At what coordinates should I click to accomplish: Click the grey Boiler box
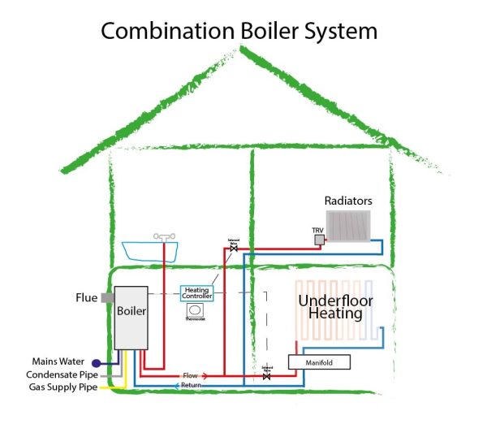[x=131, y=317]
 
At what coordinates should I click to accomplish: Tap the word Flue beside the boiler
[x=86, y=298]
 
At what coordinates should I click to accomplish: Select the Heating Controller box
[x=196, y=293]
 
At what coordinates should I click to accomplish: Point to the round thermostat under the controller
[x=196, y=309]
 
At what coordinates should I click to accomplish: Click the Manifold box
[x=318, y=362]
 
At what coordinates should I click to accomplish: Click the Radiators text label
[x=348, y=200]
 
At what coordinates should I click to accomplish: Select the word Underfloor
[x=329, y=300]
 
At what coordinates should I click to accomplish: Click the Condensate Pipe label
[x=57, y=374]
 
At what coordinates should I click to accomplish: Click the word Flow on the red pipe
[x=190, y=375]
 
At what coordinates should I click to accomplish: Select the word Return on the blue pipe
[x=192, y=385]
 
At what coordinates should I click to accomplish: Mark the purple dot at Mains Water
[x=96, y=362]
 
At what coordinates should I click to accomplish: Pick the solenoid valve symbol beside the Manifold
[x=267, y=376]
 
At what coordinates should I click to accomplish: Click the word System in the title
[x=344, y=32]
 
